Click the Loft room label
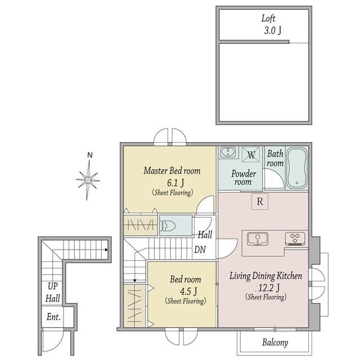(268, 19)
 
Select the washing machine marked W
(251, 155)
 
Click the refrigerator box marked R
(260, 201)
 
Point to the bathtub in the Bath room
(297, 168)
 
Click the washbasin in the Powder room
(228, 152)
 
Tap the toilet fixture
(168, 226)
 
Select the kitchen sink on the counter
(258, 238)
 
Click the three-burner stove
(295, 238)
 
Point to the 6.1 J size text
(175, 183)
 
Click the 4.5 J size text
(188, 291)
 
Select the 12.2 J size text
(269, 287)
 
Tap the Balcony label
(275, 343)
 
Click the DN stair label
(200, 250)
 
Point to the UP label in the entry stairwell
(52, 286)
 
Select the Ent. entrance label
(53, 317)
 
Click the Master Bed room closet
(141, 225)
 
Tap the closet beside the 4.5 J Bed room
(134, 306)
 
